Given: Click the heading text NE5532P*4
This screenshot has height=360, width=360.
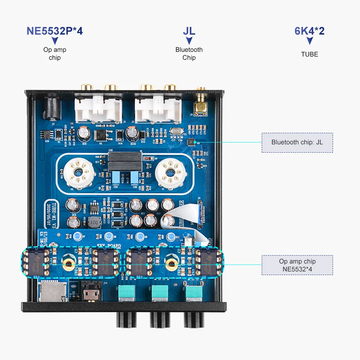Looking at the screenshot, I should pos(55,31).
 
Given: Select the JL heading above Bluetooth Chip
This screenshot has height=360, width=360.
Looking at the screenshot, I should pos(189,31).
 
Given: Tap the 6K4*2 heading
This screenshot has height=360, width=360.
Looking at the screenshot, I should pos(310,31).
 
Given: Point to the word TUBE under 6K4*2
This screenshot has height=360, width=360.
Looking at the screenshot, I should pos(310,54).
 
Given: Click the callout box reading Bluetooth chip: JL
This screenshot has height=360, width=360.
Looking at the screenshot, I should pos(297,142).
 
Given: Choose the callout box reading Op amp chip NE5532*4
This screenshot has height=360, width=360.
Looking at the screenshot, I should pos(297,265).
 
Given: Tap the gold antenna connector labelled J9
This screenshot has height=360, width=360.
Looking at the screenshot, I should pos(200,107).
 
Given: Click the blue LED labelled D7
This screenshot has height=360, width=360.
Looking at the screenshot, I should pos(77,237).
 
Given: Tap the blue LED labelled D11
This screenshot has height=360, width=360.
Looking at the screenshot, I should pos(171,237).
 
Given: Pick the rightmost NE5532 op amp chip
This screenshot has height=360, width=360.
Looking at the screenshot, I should pos(208,261).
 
